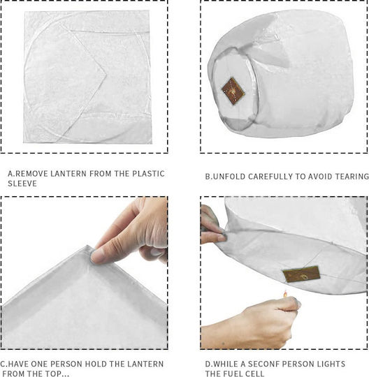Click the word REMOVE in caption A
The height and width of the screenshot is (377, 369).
pyautogui.click(x=31, y=174)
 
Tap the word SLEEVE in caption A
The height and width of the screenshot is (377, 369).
pyautogui.click(x=22, y=184)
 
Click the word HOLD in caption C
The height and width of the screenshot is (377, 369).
pyautogui.click(x=96, y=364)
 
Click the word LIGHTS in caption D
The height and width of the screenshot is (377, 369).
pyautogui.click(x=331, y=364)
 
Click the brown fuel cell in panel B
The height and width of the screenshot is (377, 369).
pyautogui.click(x=233, y=91)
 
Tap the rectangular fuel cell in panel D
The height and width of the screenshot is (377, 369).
pyautogui.click(x=302, y=274)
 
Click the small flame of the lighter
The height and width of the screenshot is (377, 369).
pyautogui.click(x=285, y=294)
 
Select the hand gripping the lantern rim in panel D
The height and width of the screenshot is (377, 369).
pyautogui.click(x=212, y=225)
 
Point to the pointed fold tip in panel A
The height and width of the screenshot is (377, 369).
pyautogui.click(x=106, y=74)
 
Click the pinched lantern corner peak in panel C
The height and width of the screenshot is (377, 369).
pyautogui.click(x=87, y=246)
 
